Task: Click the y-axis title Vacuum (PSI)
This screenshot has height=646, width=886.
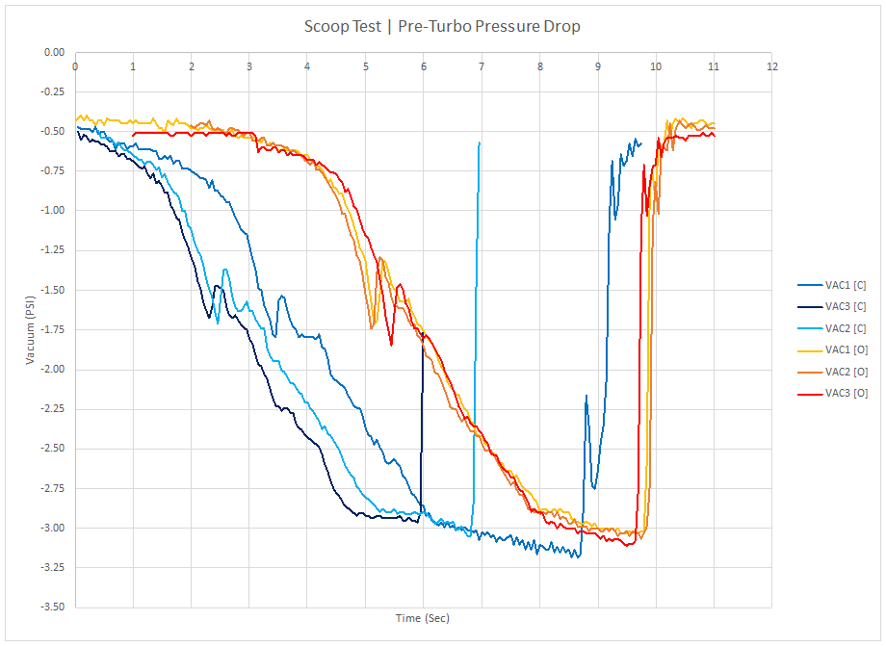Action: [32, 329]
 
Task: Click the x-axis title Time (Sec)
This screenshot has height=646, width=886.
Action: [423, 618]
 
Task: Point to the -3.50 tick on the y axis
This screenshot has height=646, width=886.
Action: [52, 607]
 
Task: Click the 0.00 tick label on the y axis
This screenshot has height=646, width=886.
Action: [54, 52]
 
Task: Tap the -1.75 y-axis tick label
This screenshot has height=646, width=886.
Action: [52, 329]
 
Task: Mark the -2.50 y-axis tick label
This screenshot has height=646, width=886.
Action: [52, 449]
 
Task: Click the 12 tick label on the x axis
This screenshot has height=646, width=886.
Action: [771, 66]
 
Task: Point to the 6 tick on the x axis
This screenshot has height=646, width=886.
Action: [424, 66]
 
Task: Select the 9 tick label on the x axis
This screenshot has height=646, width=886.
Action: [598, 66]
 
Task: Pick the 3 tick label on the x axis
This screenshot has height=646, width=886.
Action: [249, 66]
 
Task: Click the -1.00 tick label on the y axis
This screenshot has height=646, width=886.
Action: [52, 211]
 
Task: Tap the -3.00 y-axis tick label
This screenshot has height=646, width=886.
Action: [52, 528]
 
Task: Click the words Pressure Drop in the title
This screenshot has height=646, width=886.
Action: [531, 26]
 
